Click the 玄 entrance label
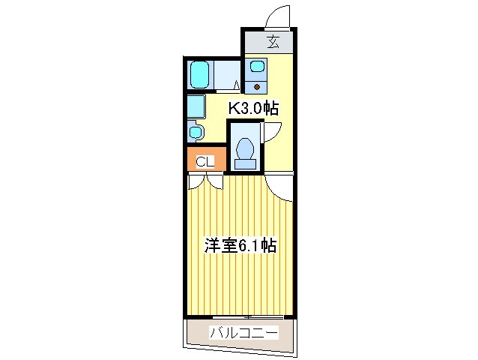click(272, 43)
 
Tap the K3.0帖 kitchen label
click(253, 109)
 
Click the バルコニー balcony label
click(244, 332)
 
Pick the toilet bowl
click(245, 151)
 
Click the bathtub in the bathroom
click(200, 74)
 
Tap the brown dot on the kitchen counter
click(257, 85)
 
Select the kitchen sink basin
click(257, 65)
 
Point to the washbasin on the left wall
click(196, 132)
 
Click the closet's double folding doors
click(206, 180)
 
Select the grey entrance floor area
click(272, 43)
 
